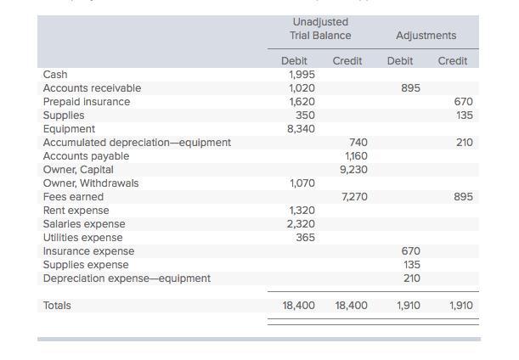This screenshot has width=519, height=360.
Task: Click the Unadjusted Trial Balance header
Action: tap(320, 29)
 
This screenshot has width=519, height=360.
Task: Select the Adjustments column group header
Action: tap(426, 36)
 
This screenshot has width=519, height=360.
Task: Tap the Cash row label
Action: tap(55, 75)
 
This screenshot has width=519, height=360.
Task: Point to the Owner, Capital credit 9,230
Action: tap(353, 170)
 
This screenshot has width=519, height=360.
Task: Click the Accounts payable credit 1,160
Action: tap(355, 156)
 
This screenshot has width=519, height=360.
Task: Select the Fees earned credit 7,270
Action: tap(354, 197)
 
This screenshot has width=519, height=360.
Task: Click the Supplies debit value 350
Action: tap(305, 115)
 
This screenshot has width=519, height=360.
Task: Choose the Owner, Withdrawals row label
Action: tap(91, 183)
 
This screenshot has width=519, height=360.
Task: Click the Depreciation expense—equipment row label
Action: tap(127, 278)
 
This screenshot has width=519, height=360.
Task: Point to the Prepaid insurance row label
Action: tap(87, 102)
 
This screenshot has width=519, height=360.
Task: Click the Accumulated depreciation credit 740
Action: tap(358, 143)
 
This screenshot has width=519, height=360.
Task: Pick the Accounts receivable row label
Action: tap(92, 88)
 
